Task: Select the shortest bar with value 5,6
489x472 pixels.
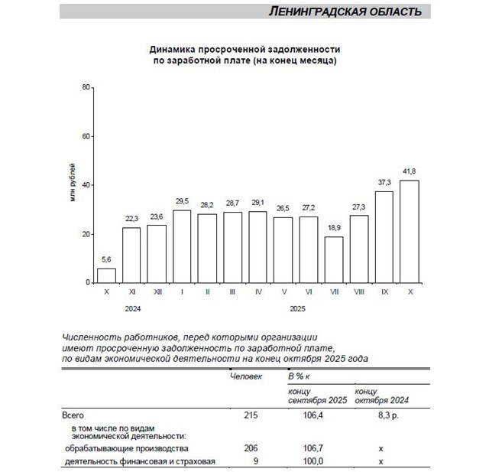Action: (107, 275)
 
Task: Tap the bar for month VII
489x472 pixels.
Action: (334, 259)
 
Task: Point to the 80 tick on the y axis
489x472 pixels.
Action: (86, 87)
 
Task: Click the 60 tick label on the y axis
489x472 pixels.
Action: (86, 136)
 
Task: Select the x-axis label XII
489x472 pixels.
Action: (157, 291)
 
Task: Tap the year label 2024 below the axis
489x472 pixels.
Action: (132, 309)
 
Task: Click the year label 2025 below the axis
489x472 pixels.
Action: (296, 309)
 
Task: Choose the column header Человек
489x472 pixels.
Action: (246, 377)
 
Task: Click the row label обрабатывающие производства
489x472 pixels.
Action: (126, 448)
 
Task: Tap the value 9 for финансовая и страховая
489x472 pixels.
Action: (254, 461)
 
